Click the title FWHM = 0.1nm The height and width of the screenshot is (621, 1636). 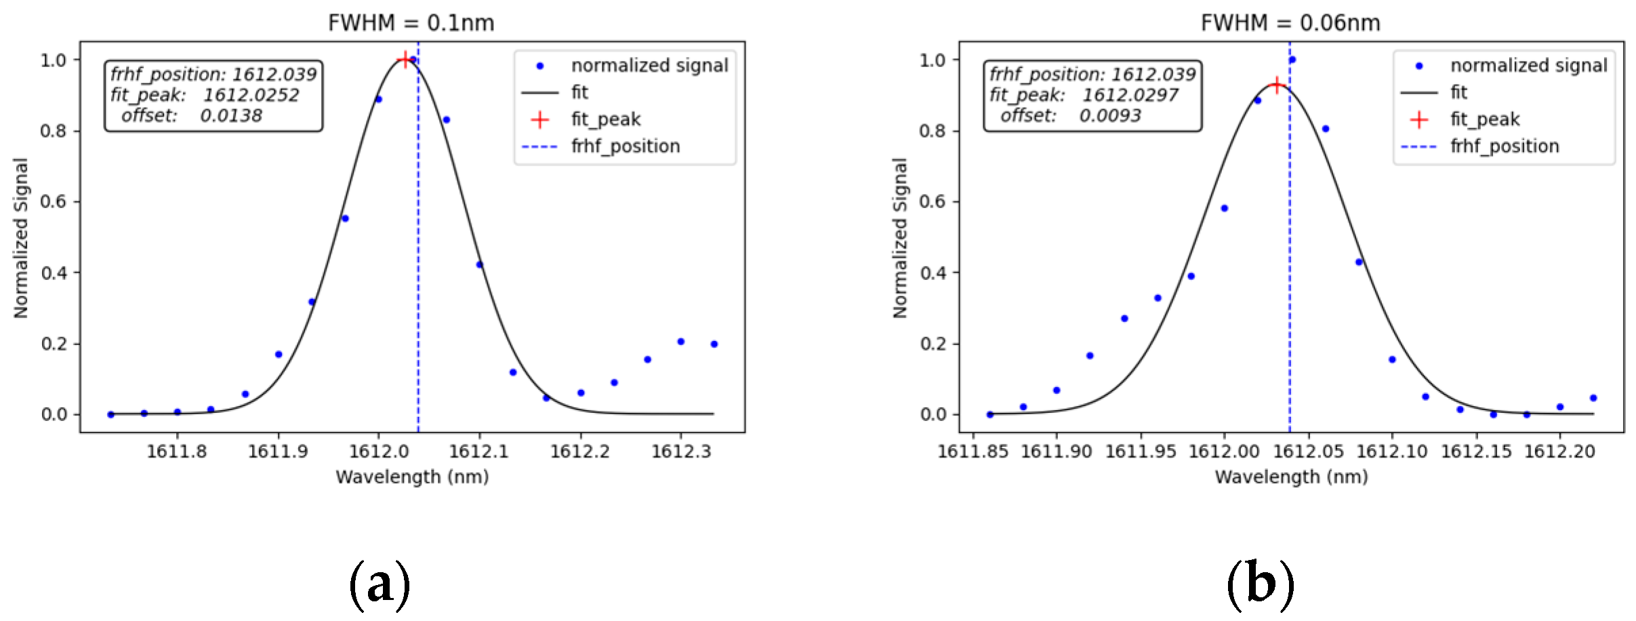411,23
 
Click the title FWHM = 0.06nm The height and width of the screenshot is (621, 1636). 1290,23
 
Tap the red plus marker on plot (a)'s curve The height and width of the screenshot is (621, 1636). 405,60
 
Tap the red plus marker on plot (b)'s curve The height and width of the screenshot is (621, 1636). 1277,85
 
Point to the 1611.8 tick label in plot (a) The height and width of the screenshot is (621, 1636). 177,452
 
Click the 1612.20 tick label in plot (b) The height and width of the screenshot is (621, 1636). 1559,452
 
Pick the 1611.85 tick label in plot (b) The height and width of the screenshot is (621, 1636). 973,452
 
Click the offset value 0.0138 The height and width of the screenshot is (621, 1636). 230,116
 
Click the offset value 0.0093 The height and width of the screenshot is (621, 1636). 1109,116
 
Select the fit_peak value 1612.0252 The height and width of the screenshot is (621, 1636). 251,95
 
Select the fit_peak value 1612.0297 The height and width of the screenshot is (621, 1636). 1130,95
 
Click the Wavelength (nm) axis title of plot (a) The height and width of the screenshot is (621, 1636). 412,477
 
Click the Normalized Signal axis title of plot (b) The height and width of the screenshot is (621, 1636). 899,238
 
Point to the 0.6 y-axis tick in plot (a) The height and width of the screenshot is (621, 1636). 54,202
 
